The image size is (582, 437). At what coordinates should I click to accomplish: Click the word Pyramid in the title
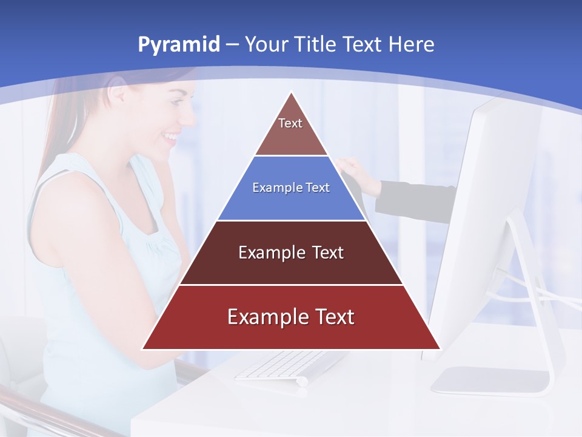[x=178, y=45]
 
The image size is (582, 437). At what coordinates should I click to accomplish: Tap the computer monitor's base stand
[x=491, y=379]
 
